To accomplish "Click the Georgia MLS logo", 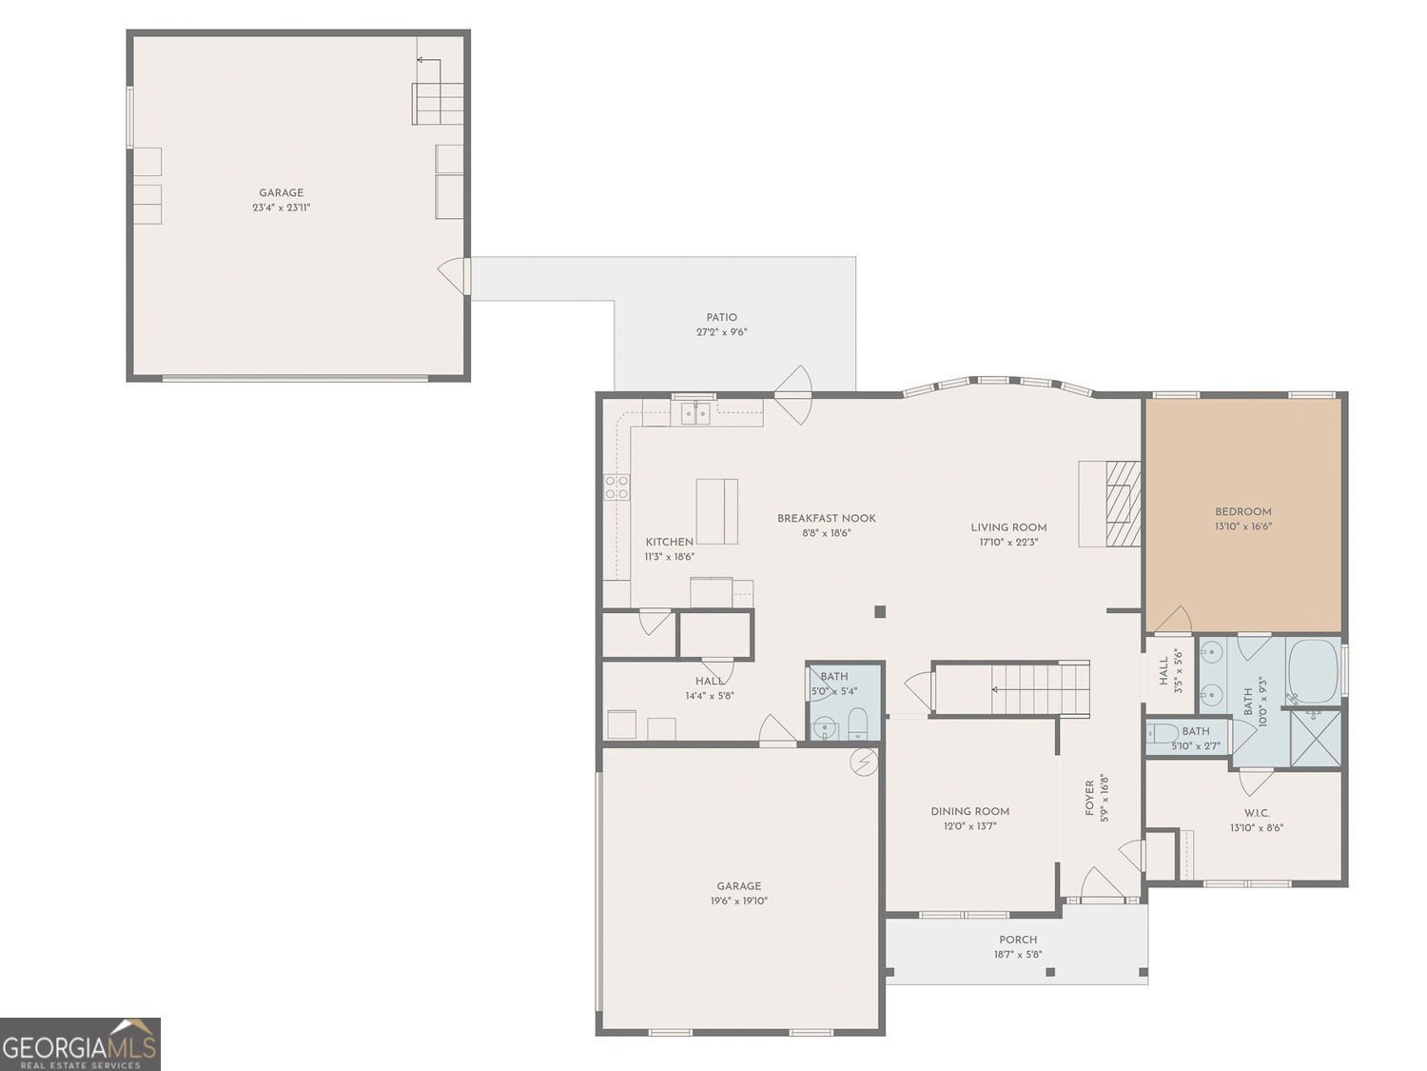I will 80,1043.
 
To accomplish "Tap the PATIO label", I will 721,318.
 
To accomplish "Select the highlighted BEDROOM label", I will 1242,511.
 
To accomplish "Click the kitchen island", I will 716,511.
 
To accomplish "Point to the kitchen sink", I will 695,413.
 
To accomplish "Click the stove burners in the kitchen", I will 616,487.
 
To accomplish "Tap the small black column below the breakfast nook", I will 880,611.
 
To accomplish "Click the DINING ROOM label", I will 969,811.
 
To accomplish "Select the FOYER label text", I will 1090,798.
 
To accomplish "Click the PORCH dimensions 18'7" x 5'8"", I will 1018,954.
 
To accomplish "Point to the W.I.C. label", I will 1256,813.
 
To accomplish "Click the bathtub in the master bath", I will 1313,664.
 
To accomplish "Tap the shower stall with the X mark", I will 1315,738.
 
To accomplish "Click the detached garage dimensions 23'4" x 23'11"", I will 282,208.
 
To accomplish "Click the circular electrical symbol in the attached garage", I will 864,763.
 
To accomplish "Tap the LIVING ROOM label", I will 1008,527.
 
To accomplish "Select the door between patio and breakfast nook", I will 792,393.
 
